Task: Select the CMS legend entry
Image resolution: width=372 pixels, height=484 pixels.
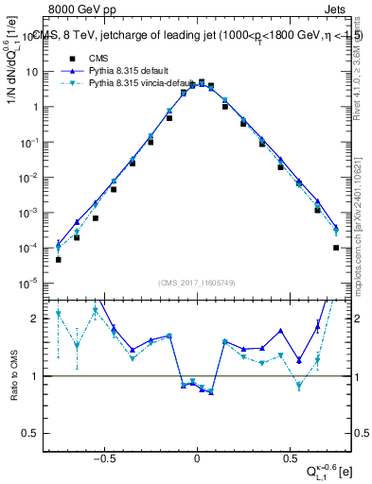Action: pyautogui.click(x=113, y=57)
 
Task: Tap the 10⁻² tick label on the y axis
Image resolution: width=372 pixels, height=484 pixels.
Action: pyautogui.click(x=32, y=177)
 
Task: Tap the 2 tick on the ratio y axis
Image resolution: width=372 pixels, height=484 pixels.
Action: pyautogui.click(x=39, y=319)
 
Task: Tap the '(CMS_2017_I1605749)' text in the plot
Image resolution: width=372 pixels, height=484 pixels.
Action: pyautogui.click(x=197, y=282)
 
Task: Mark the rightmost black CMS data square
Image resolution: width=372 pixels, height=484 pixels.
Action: pyautogui.click(x=336, y=248)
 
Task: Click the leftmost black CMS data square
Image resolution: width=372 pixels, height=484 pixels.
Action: pyautogui.click(x=59, y=259)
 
